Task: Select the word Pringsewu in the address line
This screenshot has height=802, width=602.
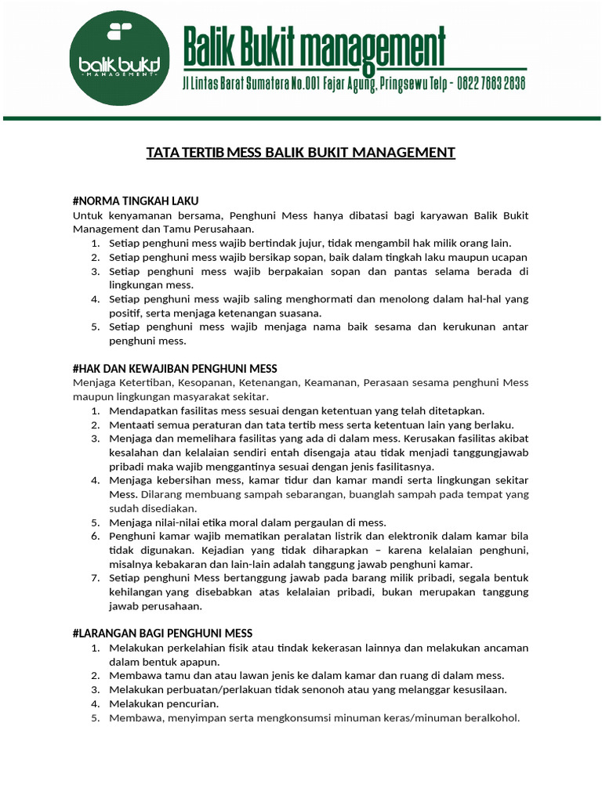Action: [x=407, y=84]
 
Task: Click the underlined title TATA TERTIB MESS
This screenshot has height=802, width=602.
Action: [x=300, y=152]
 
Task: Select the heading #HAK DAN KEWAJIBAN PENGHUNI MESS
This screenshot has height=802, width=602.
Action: [x=175, y=368]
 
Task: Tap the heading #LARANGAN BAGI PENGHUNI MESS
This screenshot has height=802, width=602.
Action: [x=162, y=633]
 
